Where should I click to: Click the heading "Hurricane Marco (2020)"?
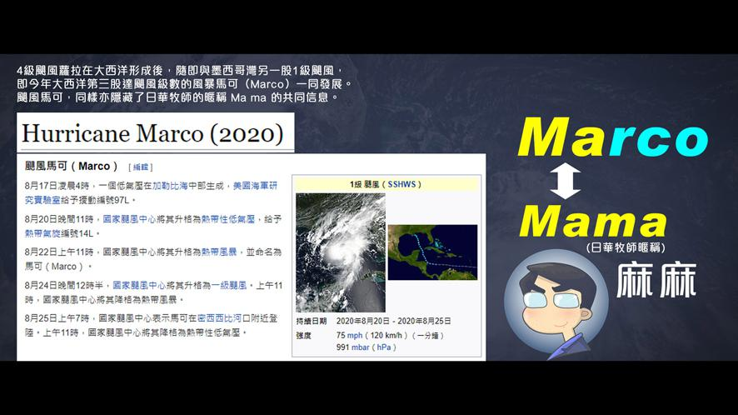click(152, 133)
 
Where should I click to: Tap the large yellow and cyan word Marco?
click(613, 137)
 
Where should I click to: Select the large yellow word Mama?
click(593, 221)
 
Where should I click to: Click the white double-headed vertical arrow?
click(565, 182)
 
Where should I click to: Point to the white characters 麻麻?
click(656, 280)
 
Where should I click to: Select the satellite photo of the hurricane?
click(341, 252)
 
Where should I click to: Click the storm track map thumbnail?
click(432, 252)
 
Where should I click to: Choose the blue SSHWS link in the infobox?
click(401, 184)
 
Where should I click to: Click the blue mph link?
click(355, 335)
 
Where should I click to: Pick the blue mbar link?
click(361, 347)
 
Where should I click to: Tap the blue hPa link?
click(384, 347)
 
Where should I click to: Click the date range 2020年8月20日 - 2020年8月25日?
click(393, 321)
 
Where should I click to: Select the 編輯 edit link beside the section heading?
click(140, 167)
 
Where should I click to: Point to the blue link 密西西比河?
click(219, 318)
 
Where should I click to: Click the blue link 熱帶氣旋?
click(42, 233)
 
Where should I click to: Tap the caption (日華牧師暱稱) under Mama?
click(626, 247)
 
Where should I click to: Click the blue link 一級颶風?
click(229, 286)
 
